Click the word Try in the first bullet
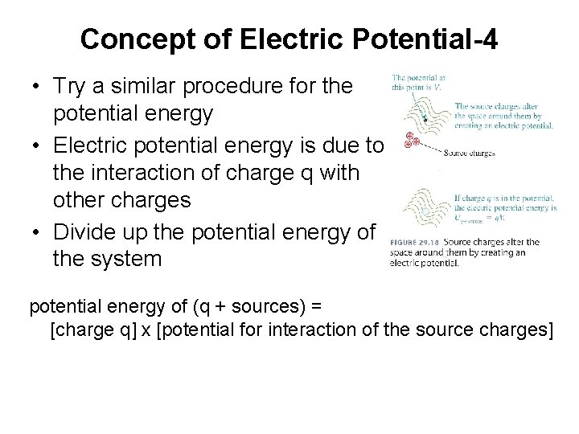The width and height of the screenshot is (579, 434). pyautogui.click(x=70, y=86)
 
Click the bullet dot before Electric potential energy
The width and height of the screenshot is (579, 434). pyautogui.click(x=37, y=145)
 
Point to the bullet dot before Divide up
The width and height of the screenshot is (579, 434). pyautogui.click(x=37, y=232)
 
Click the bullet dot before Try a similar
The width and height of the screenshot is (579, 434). pyautogui.click(x=37, y=86)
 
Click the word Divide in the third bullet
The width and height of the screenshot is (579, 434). pyautogui.click(x=83, y=232)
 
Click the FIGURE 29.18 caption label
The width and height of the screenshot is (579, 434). pyautogui.click(x=415, y=243)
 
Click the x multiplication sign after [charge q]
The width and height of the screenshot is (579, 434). pyautogui.click(x=146, y=330)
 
